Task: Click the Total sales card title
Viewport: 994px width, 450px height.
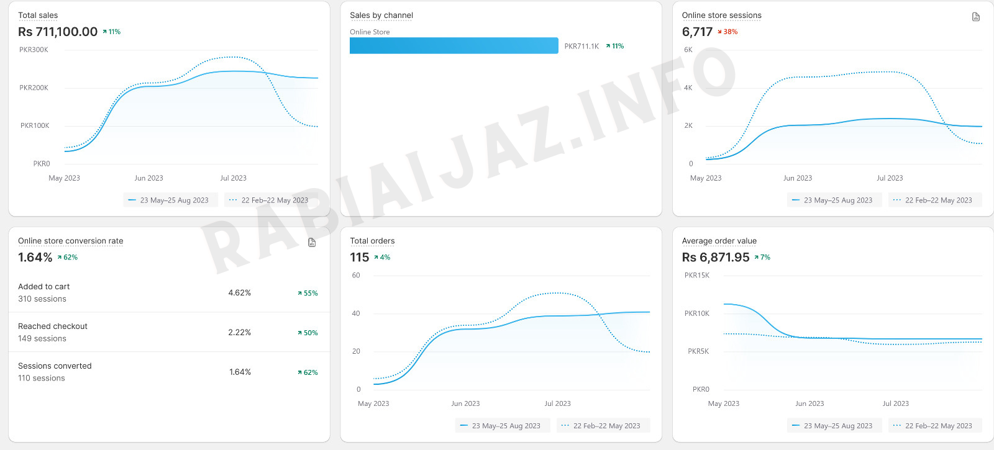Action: [x=38, y=16]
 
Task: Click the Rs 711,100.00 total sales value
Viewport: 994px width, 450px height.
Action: [x=58, y=32]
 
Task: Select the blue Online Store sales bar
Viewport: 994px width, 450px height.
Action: [x=454, y=46]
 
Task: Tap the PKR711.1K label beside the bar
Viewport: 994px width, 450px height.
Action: [x=581, y=47]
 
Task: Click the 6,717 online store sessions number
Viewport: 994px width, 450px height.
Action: [x=697, y=32]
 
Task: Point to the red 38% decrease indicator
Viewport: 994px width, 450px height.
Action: [x=727, y=32]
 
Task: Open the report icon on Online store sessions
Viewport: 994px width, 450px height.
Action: [x=976, y=17]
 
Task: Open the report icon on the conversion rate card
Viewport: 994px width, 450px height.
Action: [x=312, y=243]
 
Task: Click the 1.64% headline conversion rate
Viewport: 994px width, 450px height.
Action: [x=35, y=258]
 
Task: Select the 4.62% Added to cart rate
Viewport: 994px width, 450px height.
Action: [x=239, y=293]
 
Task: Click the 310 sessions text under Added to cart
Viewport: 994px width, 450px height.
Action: [x=42, y=299]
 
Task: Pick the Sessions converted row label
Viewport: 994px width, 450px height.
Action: [x=55, y=366]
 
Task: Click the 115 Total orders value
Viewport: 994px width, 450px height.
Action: [x=360, y=258]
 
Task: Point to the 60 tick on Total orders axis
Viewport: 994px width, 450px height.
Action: [x=356, y=276]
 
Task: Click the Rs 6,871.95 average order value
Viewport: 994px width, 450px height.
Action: [x=716, y=258]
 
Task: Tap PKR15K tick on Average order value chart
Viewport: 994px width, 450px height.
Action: [x=696, y=276]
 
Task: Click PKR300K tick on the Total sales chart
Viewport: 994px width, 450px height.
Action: [x=34, y=50]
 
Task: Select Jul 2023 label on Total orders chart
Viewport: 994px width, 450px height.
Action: [x=557, y=404]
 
